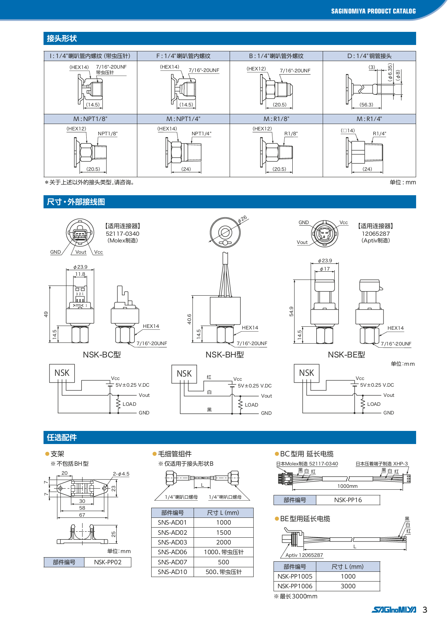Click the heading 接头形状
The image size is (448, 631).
coord(62,38)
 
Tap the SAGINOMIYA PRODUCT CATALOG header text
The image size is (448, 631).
coord(373,11)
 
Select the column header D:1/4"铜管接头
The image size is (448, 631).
coord(369,56)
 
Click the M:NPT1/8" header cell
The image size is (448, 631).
coord(90,119)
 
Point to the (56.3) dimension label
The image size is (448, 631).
coord(366,105)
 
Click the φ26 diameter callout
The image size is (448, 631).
coord(242,219)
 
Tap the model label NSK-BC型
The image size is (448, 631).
coord(102,354)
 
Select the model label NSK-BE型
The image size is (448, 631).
coord(346,354)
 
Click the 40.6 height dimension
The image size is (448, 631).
coord(189,319)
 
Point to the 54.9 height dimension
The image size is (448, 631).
coord(291,311)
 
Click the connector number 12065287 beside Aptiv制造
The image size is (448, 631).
coord(376,233)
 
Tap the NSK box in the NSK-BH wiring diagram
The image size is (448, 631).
coord(184,374)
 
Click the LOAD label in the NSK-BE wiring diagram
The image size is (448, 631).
coord(374,404)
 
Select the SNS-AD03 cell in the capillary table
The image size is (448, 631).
coord(172,542)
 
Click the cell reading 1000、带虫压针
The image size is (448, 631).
coord(224,552)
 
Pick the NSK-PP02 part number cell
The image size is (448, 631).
coord(108,562)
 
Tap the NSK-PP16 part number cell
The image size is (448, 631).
coord(348,500)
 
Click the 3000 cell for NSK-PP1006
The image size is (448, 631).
coord(348,586)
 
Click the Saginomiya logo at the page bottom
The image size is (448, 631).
coord(394,610)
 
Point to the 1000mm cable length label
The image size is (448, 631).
coord(347,486)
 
